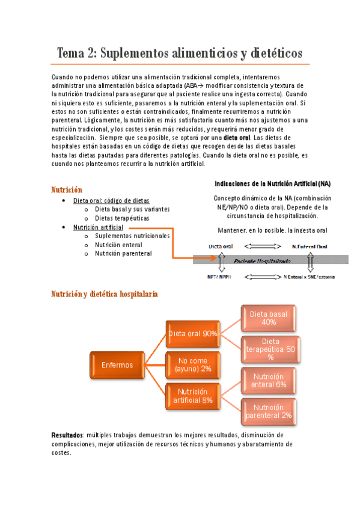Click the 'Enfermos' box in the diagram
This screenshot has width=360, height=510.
(118, 365)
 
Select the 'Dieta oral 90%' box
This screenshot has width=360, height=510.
(193, 334)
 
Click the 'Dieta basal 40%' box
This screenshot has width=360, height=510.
(269, 318)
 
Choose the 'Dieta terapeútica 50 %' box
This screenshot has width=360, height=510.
(269, 349)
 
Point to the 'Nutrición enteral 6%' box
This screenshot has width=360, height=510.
(269, 380)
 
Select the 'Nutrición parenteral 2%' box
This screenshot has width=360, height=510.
(269, 411)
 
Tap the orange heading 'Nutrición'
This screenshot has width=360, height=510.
(67, 190)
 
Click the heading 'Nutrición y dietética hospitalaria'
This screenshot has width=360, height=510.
(105, 293)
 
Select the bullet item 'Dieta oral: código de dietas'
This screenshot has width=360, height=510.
(111, 200)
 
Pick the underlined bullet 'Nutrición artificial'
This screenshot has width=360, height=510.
(98, 227)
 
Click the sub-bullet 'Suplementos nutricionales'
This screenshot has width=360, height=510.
(132, 236)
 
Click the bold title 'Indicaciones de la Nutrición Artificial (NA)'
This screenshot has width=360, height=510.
(272, 183)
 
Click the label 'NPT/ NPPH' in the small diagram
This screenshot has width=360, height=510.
(221, 277)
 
